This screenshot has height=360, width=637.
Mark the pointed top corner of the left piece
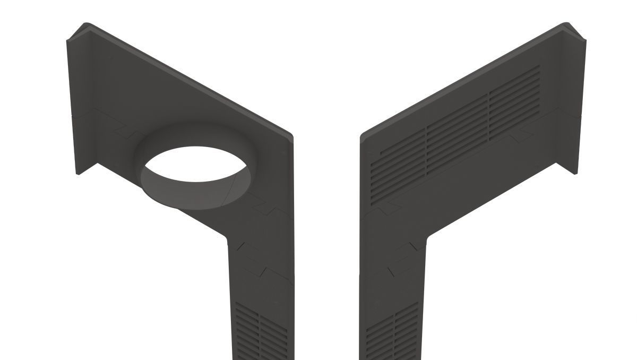tap(87, 24)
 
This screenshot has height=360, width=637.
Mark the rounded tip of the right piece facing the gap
tap(362, 137)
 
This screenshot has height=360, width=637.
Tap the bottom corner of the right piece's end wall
tap(575, 173)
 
